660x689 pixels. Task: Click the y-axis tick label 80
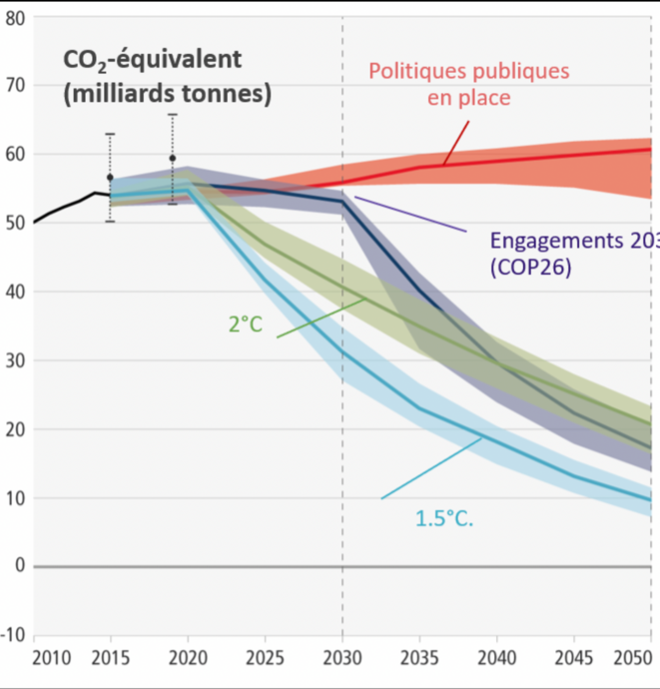(15, 17)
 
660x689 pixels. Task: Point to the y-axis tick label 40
(15, 292)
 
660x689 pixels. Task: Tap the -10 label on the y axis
(13, 635)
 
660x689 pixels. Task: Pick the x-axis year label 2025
(265, 659)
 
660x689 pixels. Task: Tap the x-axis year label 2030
(342, 659)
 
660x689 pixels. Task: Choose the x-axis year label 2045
(573, 659)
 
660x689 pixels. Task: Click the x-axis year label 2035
(418, 659)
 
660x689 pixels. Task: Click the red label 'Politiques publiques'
(468, 72)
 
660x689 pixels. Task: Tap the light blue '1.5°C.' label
(444, 517)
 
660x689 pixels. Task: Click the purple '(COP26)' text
(529, 269)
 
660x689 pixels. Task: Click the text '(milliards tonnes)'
(167, 95)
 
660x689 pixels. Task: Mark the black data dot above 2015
(110, 177)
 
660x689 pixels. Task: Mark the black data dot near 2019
(172, 158)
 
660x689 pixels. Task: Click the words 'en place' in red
(469, 98)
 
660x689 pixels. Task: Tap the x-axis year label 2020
(189, 659)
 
